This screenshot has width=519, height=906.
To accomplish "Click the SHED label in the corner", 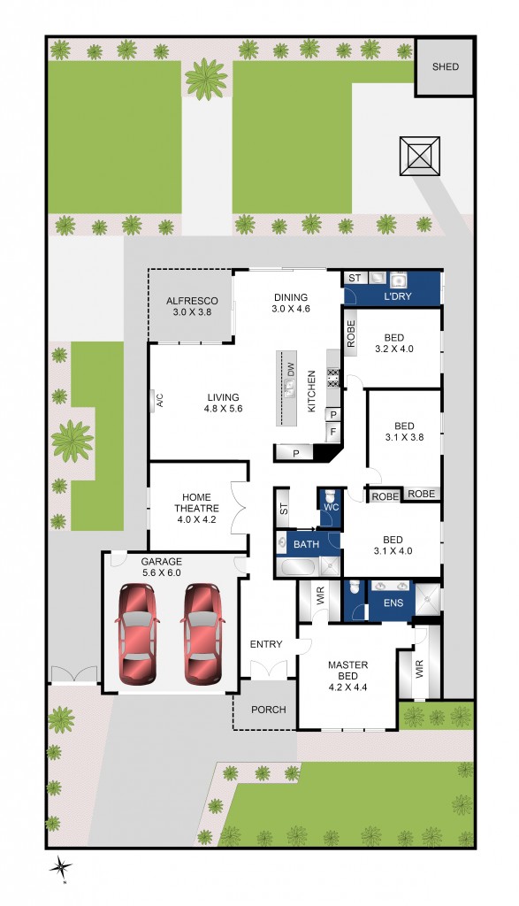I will (x=445, y=66).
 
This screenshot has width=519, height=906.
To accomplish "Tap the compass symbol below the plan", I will (x=61, y=870).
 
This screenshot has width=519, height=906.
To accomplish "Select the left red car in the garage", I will (x=138, y=634).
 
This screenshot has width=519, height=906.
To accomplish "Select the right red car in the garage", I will (x=202, y=634).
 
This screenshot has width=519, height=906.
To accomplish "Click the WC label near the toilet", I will (x=330, y=507).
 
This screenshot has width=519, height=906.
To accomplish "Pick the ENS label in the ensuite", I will (x=393, y=603).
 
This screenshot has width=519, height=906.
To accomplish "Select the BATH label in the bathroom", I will (x=306, y=543).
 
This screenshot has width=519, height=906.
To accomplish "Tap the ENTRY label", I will (x=265, y=644).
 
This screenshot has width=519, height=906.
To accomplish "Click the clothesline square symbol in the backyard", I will (x=419, y=157).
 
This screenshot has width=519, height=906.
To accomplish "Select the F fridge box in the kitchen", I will (x=333, y=432).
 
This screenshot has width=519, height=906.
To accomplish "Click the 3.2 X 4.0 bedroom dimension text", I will (x=394, y=349).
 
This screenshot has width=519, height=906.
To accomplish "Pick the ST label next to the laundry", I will (x=354, y=278).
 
